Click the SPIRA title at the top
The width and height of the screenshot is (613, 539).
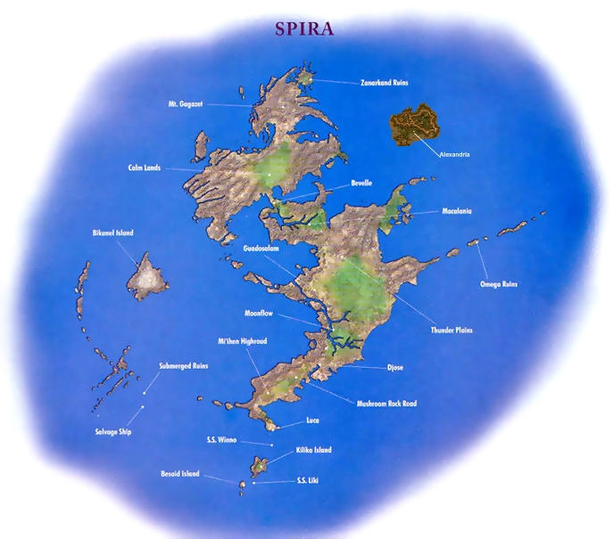[304, 28]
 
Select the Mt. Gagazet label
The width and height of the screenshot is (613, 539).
[186, 104]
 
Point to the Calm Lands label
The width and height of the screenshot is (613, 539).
[144, 167]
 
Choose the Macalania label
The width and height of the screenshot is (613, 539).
[457, 211]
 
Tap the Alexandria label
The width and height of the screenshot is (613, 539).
[454, 154]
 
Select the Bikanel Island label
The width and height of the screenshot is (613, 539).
[112, 233]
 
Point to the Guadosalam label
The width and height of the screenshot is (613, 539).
[263, 248]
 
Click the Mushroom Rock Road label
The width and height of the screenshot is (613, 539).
[386, 403]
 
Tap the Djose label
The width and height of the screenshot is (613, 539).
[395, 366]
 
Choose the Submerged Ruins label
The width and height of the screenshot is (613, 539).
[184, 365]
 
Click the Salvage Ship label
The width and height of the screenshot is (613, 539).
[113, 431]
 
